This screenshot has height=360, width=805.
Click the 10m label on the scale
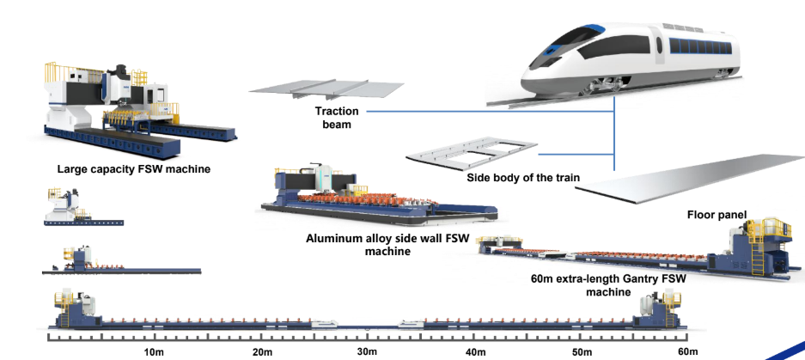(154, 352)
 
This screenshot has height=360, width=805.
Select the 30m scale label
(367, 352)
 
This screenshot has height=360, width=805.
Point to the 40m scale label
(474, 352)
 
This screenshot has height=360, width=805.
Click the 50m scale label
(582, 352)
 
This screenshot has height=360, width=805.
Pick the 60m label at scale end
(686, 352)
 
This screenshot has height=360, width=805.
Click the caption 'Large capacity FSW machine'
(133, 169)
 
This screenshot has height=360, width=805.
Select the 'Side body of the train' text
(523, 179)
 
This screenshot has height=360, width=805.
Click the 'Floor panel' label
(716, 214)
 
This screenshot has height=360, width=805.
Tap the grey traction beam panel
(326, 89)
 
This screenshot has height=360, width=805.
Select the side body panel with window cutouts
(471, 154)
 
